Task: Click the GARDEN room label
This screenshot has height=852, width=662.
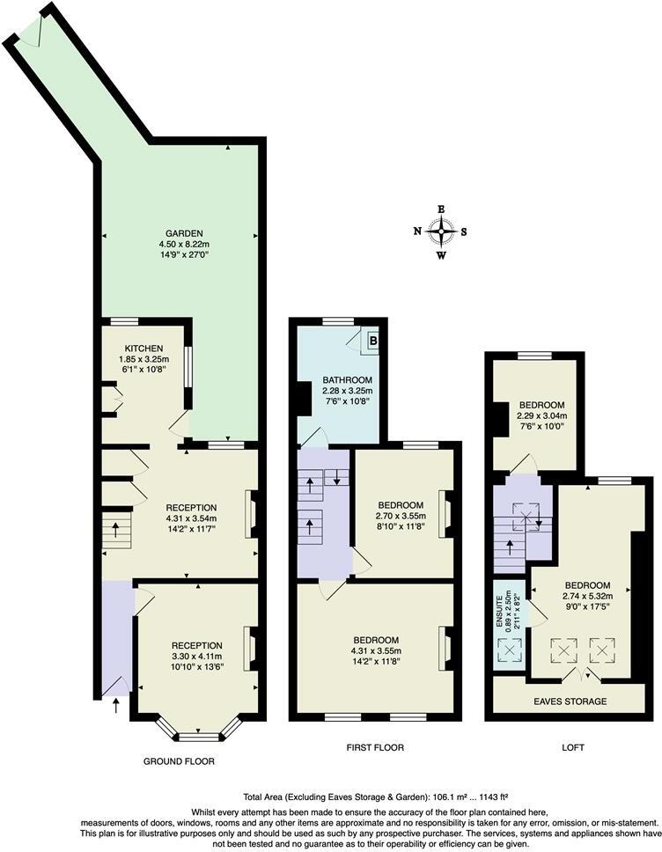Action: coord(179,233)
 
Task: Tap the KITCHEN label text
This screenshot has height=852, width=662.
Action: coord(142,348)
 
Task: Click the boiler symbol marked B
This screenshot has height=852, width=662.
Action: coord(372,338)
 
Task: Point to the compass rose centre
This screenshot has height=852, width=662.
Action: coord(441,232)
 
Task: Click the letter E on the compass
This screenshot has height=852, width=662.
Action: coord(441,209)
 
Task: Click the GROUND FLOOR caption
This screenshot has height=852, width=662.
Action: coord(179,760)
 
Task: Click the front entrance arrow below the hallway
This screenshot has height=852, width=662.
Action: coord(116,704)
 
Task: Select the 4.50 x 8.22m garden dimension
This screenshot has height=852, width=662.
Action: coord(179,244)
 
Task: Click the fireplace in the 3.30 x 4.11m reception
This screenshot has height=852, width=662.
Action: coord(250,648)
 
